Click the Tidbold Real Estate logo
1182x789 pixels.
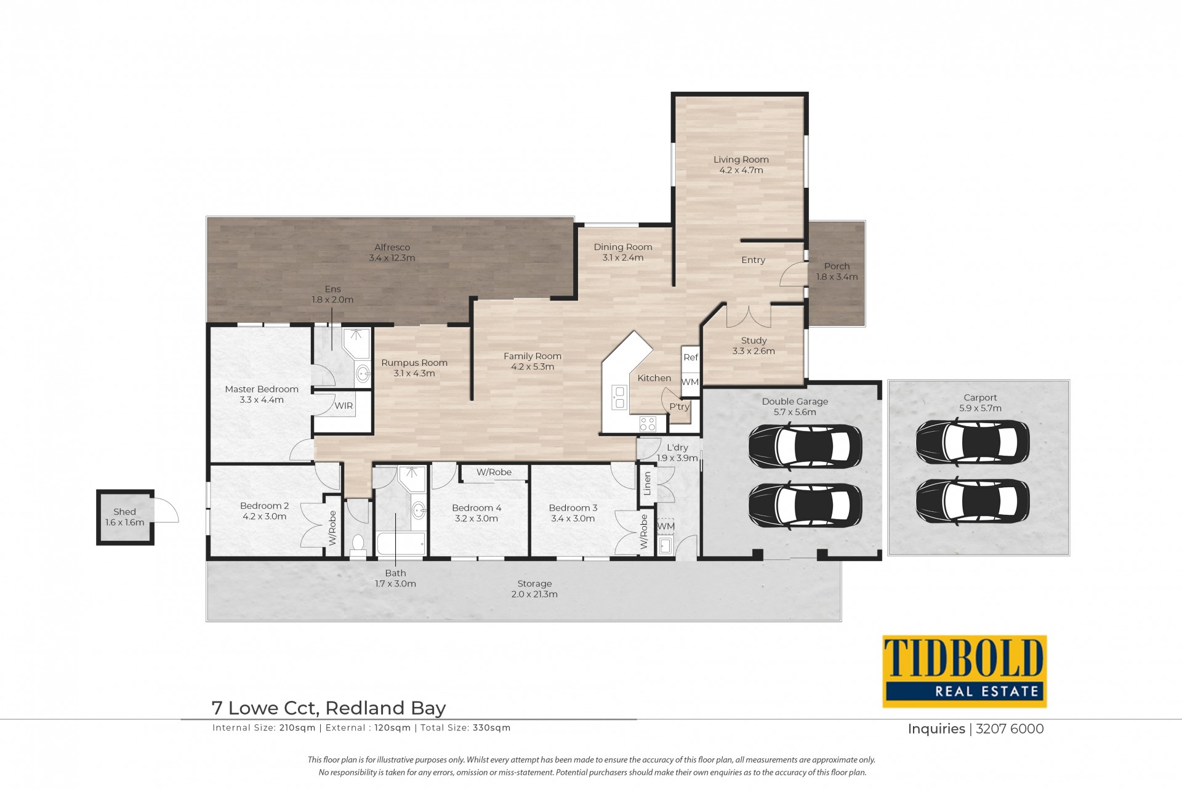pos(965,671)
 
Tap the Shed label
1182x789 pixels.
pos(124,512)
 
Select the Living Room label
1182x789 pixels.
pos(741,160)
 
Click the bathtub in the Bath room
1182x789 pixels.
pos(401,544)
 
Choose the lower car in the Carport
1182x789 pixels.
pos(973,501)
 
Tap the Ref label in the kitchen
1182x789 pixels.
pos(691,357)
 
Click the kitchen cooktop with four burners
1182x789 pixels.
pos(648,423)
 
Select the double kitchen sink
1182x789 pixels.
pos(619,397)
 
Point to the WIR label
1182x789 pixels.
pos(344,406)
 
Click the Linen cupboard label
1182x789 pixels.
pos(647,484)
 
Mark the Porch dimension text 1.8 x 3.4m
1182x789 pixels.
pos(837,277)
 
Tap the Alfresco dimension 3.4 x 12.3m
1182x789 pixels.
pos(392,258)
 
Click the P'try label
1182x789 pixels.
pos(680,407)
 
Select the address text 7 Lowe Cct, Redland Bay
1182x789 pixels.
pos(329,708)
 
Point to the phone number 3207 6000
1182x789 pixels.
pos(1010,729)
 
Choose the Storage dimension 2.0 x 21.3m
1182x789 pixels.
pos(534,594)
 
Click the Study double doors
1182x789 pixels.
pos(749,317)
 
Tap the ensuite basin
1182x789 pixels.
pos(363,373)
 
